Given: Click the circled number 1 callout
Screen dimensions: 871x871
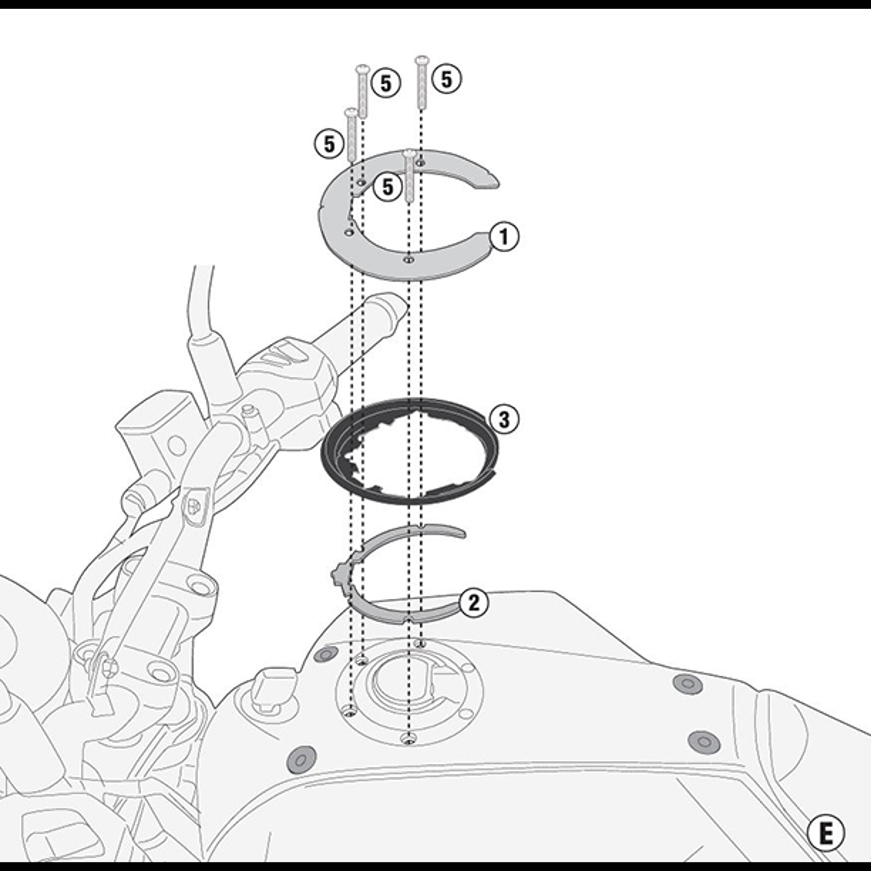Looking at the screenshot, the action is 504,236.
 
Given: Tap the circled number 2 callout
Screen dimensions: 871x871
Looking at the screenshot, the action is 474,603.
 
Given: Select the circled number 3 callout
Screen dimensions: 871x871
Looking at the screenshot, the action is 504,420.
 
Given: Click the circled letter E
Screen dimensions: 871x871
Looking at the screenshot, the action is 826,833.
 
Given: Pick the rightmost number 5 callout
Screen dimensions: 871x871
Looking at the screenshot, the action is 447,79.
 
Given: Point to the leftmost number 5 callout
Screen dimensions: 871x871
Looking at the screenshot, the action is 329,144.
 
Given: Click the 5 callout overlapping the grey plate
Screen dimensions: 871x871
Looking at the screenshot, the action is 387,186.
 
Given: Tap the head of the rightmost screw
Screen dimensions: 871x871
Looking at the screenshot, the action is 422,59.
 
